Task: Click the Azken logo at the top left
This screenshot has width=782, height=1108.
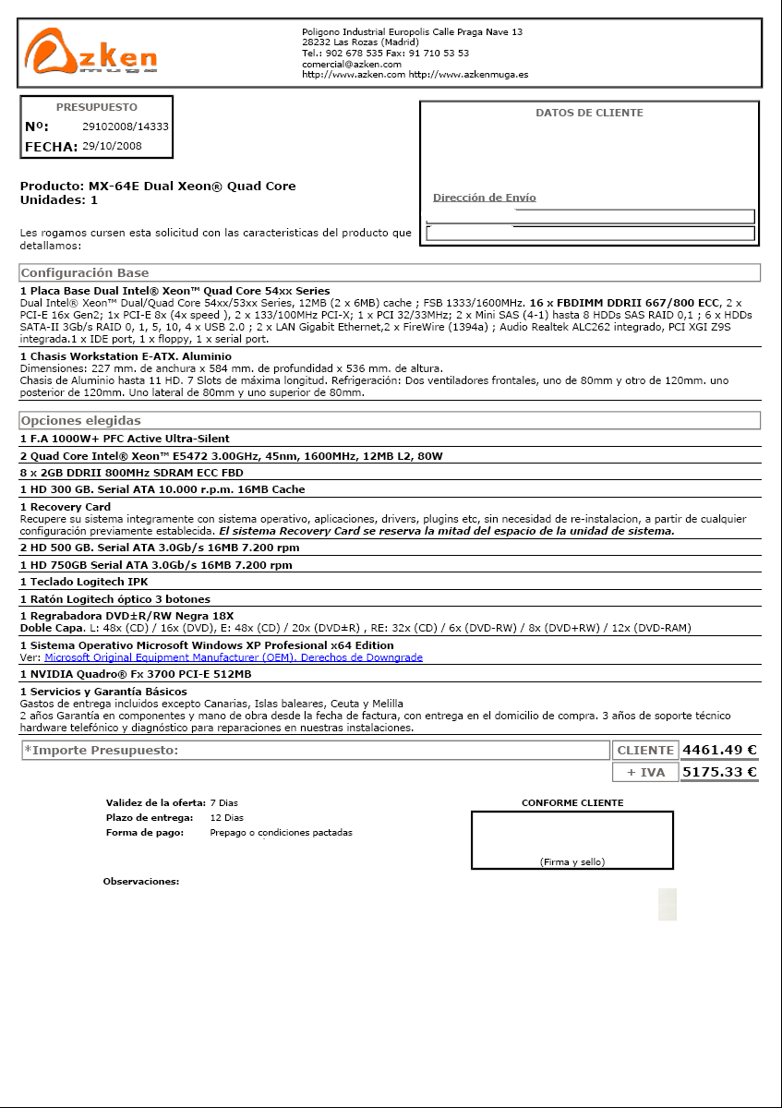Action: click(x=90, y=52)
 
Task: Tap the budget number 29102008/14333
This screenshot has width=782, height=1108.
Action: click(x=126, y=126)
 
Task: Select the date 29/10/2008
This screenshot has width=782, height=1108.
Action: click(x=112, y=146)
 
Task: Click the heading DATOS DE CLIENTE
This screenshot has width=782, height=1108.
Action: click(x=589, y=113)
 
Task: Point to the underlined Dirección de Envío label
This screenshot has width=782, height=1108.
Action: click(x=484, y=198)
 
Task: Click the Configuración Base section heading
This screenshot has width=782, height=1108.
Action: click(x=85, y=273)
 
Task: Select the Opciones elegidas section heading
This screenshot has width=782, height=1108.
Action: click(x=81, y=421)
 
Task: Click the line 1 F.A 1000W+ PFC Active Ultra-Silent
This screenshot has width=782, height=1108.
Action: click(x=125, y=439)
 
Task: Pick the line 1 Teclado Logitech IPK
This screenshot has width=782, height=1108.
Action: click(x=84, y=582)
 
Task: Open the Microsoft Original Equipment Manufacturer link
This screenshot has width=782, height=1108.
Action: click(x=234, y=657)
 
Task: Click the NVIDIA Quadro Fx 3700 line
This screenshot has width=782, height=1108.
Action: click(x=136, y=674)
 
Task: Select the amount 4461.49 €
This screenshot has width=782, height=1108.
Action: click(x=719, y=750)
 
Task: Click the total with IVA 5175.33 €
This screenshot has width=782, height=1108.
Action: click(x=719, y=772)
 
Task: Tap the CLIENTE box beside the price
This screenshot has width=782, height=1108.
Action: click(x=645, y=751)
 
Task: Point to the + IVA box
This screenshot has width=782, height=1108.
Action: click(x=645, y=773)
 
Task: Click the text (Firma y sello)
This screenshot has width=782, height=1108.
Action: click(x=571, y=861)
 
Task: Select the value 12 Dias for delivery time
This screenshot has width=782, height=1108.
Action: click(x=226, y=817)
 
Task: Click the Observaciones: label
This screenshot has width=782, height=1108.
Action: click(x=140, y=882)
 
